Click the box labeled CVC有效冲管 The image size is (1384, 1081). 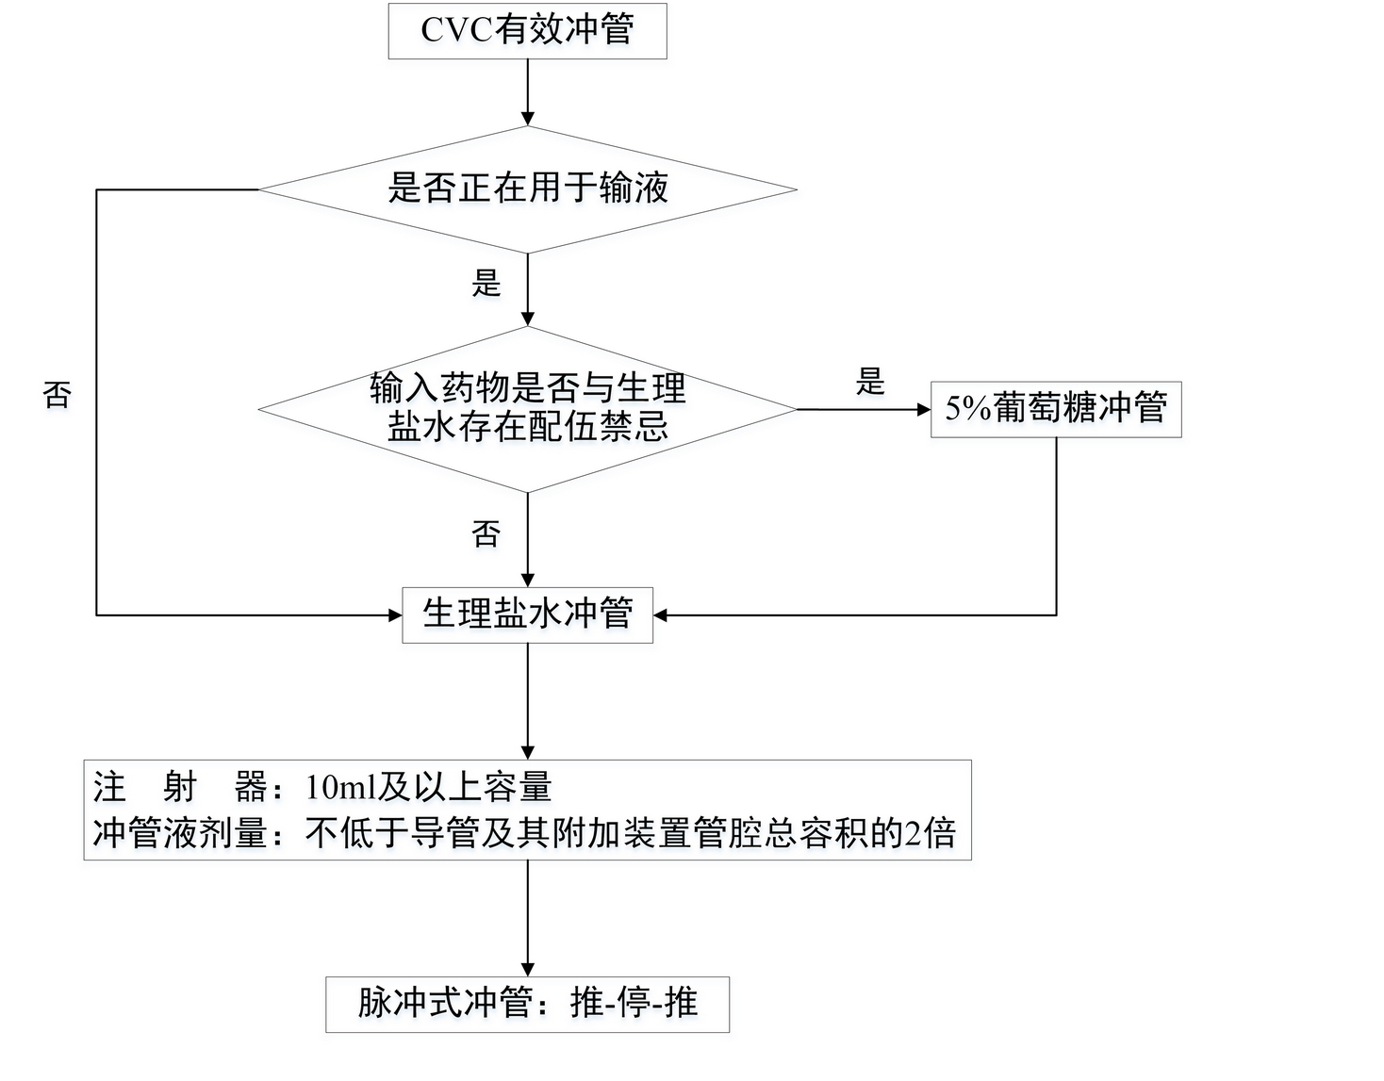(x=527, y=31)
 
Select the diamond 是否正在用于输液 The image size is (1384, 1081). (x=527, y=188)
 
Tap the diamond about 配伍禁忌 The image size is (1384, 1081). (x=527, y=409)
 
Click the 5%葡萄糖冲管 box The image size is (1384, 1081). (x=1055, y=409)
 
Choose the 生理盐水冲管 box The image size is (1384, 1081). (x=527, y=615)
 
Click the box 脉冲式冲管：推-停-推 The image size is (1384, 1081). (x=527, y=1004)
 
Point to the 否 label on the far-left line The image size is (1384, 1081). (x=58, y=394)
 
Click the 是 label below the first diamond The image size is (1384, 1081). (x=486, y=283)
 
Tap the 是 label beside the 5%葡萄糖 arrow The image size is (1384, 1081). (x=870, y=382)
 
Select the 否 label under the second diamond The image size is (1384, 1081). (x=486, y=534)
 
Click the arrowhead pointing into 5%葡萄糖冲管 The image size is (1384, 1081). (x=924, y=409)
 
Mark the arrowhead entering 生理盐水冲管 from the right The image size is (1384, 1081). (x=660, y=615)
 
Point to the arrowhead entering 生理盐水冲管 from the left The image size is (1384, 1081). (x=396, y=615)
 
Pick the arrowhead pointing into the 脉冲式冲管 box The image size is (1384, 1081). (x=527, y=970)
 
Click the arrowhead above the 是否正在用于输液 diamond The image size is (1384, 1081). (x=527, y=119)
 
